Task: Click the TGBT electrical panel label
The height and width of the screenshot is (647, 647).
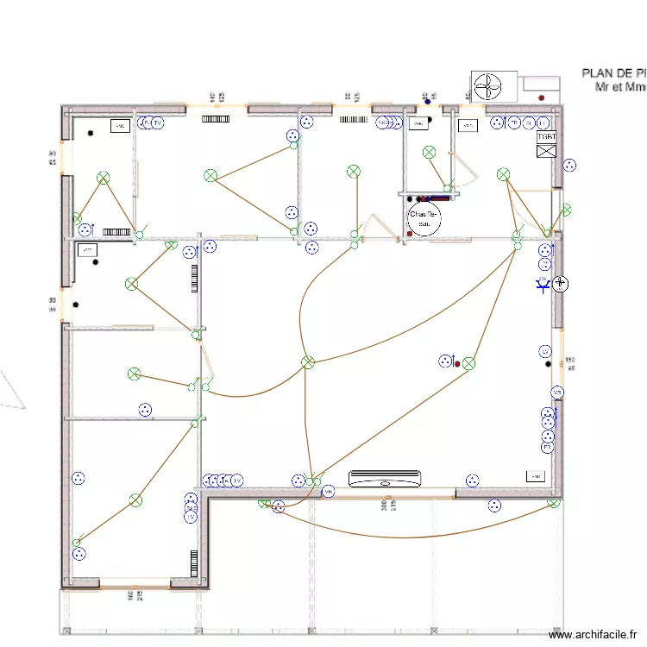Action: (x=546, y=136)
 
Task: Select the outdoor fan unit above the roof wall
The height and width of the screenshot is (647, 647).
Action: (x=488, y=86)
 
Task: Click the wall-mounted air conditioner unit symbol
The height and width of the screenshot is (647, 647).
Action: (x=385, y=477)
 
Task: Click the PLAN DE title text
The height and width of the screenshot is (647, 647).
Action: (x=613, y=74)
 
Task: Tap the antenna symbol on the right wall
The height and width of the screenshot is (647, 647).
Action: (x=543, y=284)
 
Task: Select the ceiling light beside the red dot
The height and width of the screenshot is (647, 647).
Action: (x=468, y=364)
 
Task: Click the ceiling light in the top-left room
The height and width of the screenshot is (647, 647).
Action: (x=104, y=178)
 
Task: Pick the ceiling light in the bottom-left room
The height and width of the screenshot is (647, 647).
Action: (x=135, y=500)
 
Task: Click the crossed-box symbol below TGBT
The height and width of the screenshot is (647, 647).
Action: (x=546, y=152)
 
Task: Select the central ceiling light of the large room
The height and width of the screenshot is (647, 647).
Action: (x=308, y=362)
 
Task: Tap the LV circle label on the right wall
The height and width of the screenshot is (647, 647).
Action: (x=545, y=351)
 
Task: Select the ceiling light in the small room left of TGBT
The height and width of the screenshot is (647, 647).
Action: (x=503, y=175)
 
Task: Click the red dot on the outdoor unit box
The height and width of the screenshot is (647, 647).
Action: (x=541, y=97)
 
